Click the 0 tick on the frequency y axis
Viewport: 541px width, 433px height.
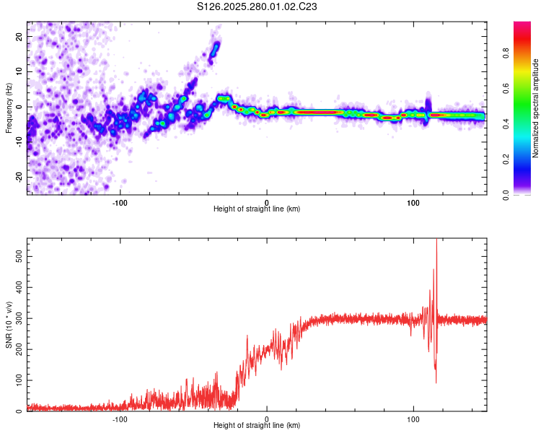[20, 107]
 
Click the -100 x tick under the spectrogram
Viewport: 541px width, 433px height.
[120, 202]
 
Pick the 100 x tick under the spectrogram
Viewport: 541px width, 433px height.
[413, 202]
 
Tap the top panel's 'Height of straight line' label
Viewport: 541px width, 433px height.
[257, 209]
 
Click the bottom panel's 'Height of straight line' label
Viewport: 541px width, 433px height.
[257, 426]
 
